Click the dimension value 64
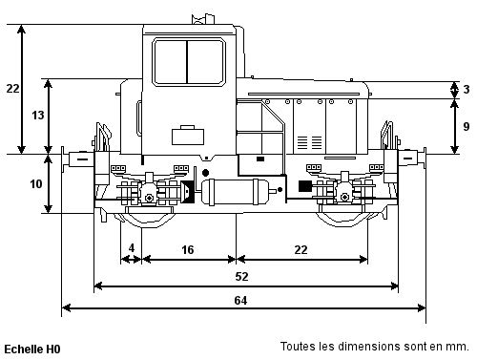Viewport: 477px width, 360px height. pyautogui.click(x=240, y=300)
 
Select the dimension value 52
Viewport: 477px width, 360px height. pyautogui.click(x=241, y=276)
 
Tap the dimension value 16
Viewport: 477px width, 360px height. pyautogui.click(x=188, y=249)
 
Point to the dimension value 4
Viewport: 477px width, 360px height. pyautogui.click(x=132, y=247)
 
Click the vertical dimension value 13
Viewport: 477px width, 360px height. pyautogui.click(x=38, y=115)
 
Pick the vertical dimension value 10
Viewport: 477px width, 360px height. pyautogui.click(x=36, y=183)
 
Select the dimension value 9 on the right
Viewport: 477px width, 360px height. pyautogui.click(x=467, y=126)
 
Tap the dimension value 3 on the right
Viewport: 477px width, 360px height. pyautogui.click(x=467, y=89)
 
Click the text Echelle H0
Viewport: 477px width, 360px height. pyautogui.click(x=32, y=349)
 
